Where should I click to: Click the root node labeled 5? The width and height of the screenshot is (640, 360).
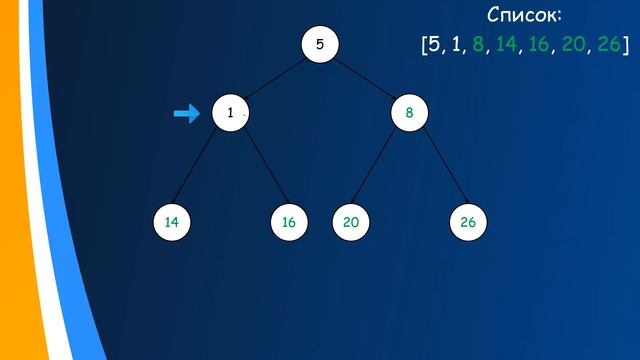320,44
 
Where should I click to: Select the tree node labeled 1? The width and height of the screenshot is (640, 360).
230,114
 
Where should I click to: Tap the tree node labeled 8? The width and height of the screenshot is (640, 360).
409,114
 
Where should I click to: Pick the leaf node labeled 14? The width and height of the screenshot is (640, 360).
172,222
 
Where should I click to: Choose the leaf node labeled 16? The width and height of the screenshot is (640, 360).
289,222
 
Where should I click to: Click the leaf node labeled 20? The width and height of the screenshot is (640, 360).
350,222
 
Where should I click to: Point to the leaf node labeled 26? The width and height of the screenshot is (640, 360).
467,222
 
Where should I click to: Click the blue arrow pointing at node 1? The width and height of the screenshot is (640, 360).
187,114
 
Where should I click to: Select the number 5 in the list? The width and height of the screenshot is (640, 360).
434,45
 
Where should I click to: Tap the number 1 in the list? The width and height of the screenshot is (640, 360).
456,45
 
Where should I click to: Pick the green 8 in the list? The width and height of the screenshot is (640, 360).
478,45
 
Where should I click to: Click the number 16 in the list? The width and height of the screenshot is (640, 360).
539,45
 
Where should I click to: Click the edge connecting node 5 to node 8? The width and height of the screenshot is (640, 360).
364,79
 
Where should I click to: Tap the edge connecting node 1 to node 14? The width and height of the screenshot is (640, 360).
201,168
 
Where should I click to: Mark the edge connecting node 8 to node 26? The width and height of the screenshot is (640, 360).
438,168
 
